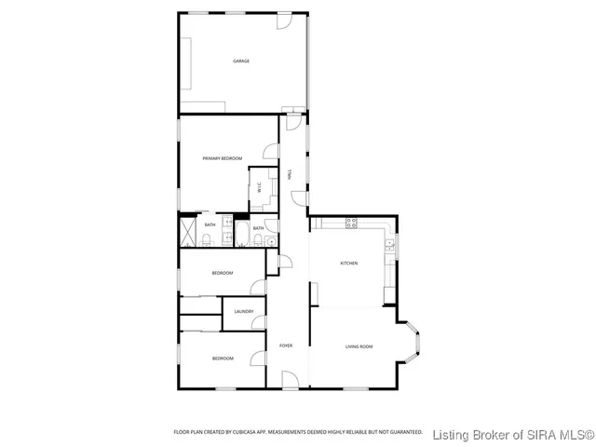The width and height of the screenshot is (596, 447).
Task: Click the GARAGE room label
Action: click(x=241, y=61)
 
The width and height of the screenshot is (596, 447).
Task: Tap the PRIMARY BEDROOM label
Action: click(x=223, y=159)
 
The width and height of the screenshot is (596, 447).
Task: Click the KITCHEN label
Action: click(x=348, y=264)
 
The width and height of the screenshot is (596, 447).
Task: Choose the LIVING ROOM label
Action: click(x=359, y=346)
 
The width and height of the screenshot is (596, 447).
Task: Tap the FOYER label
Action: click(x=286, y=346)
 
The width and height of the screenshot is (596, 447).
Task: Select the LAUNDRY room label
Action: click(x=244, y=311)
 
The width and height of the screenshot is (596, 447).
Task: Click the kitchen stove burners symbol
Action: click(x=351, y=223)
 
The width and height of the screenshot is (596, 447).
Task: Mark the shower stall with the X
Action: click(x=186, y=232)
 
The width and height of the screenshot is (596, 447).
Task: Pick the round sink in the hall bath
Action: click(x=270, y=242)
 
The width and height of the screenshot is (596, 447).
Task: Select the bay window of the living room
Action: click(x=414, y=344)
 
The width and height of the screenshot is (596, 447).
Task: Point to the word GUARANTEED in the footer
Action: click(x=403, y=432)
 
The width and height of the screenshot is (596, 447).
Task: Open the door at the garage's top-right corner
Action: click(x=291, y=21)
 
